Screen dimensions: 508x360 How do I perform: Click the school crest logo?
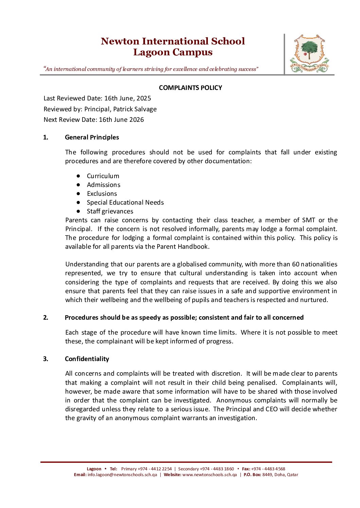(x=309, y=54)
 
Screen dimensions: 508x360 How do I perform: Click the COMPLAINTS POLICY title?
(x=190, y=88)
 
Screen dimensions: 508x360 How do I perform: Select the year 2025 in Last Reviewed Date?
(x=144, y=98)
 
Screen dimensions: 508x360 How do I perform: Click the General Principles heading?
(x=92, y=137)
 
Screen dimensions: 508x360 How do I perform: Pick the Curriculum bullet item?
(x=103, y=176)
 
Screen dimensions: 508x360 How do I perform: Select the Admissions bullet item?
(x=104, y=185)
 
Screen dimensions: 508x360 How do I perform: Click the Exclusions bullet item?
(x=102, y=194)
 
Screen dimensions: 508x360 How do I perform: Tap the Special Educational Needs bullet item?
(x=125, y=203)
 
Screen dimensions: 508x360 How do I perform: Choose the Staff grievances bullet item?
(x=110, y=211)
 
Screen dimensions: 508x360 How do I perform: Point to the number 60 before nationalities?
(x=295, y=264)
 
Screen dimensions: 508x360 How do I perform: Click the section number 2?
(x=46, y=318)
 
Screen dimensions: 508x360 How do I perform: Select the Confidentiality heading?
(x=87, y=359)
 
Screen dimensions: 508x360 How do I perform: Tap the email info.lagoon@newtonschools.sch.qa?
(x=122, y=475)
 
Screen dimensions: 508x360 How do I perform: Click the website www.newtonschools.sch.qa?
(x=210, y=475)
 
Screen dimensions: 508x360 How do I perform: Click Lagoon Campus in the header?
(x=173, y=52)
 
